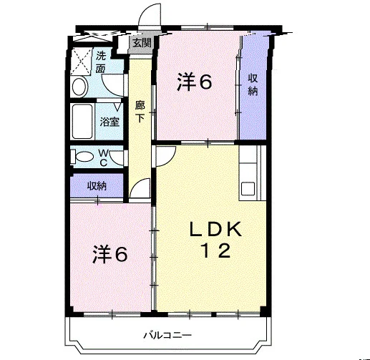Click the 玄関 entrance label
point(142,43)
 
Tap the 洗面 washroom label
point(101,62)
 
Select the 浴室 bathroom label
point(109,122)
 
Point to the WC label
point(103,157)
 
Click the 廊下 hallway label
point(140,112)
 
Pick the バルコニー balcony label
point(167,336)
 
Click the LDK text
point(215,229)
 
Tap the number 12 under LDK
point(216,250)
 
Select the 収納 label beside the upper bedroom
point(253,84)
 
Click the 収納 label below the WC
point(97,186)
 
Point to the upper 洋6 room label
point(194,82)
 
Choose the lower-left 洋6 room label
point(110,254)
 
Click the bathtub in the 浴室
point(82,122)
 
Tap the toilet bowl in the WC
point(82,157)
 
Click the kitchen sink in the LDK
point(248,189)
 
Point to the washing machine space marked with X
point(82,61)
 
